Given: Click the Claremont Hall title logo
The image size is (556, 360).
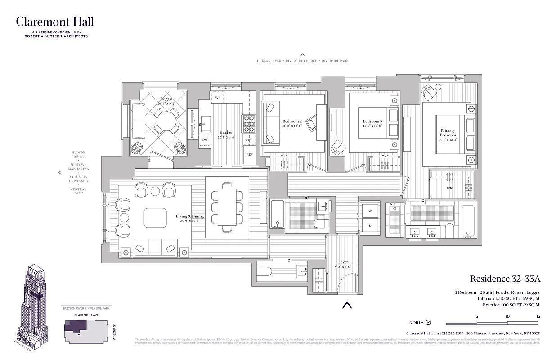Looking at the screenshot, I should coord(55,22).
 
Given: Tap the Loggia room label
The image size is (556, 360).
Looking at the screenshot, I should coord(166,99).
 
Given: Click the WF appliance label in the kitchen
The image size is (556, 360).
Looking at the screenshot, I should coord(217,98).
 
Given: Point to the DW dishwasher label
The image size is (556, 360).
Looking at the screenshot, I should coord(205,139).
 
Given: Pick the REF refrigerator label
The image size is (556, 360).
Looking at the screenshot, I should coord(249,154).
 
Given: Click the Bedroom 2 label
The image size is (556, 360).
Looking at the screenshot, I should coord(292,121).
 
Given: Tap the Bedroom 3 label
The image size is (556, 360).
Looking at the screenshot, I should coord(372,121).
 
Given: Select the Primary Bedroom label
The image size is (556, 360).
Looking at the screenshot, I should coord(448,133).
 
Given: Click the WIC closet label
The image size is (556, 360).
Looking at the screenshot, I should coord(450,188).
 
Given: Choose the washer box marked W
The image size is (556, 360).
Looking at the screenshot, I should coord(370,211).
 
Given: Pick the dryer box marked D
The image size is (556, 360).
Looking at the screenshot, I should coord(370,225).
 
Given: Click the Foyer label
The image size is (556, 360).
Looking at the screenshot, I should coord(343,262).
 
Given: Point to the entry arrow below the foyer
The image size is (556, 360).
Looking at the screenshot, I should coord(346,305).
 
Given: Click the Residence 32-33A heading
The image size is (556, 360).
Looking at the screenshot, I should coord(504,279).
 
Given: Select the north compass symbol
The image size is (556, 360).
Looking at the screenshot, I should coord(428,322).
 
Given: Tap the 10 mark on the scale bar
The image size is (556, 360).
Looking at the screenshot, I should coord(507,316).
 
